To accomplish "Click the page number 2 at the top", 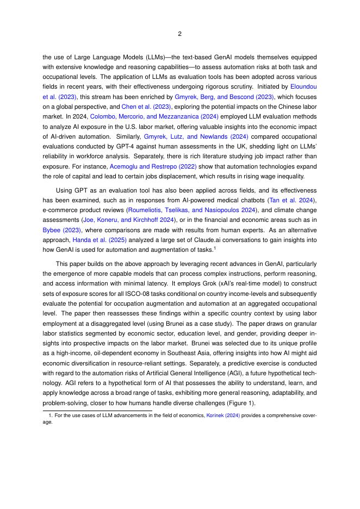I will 179,34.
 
